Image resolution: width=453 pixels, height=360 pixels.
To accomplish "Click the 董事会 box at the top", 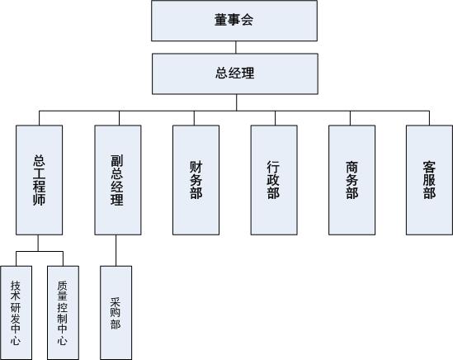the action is click(234, 21).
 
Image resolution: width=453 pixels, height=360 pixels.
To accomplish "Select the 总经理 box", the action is click(235, 73).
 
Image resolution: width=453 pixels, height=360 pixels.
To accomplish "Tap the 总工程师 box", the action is click(39, 180).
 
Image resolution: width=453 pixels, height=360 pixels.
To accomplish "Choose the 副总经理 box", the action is click(118, 180).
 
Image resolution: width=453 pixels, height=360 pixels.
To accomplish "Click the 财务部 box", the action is click(196, 180).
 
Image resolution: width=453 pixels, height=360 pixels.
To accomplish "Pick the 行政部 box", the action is click(274, 180).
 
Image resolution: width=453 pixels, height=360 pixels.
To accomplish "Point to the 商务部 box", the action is click(352, 180).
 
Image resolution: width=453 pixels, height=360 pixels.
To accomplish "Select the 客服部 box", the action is click(429, 180).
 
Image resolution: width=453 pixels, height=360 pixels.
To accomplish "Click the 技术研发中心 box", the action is click(17, 313).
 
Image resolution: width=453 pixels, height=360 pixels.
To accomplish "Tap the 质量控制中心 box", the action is click(63, 313).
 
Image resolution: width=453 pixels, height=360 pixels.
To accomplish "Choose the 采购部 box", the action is click(116, 313).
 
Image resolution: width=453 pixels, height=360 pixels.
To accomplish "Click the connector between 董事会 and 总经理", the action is click(236, 47).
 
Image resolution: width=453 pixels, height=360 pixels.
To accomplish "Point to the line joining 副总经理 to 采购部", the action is click(116, 250).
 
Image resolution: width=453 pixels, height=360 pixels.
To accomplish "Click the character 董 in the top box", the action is click(221, 20).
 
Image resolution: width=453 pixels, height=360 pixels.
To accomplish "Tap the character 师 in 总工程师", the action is click(39, 200).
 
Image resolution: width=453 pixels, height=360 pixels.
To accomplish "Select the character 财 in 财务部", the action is click(196, 167).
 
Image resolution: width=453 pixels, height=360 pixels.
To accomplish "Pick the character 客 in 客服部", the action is click(429, 167).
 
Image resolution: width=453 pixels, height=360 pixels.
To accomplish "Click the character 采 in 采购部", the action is click(116, 302).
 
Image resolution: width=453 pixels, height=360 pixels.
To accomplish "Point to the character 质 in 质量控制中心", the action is click(63, 286).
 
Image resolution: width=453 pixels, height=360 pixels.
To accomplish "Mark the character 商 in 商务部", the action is click(352, 167).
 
